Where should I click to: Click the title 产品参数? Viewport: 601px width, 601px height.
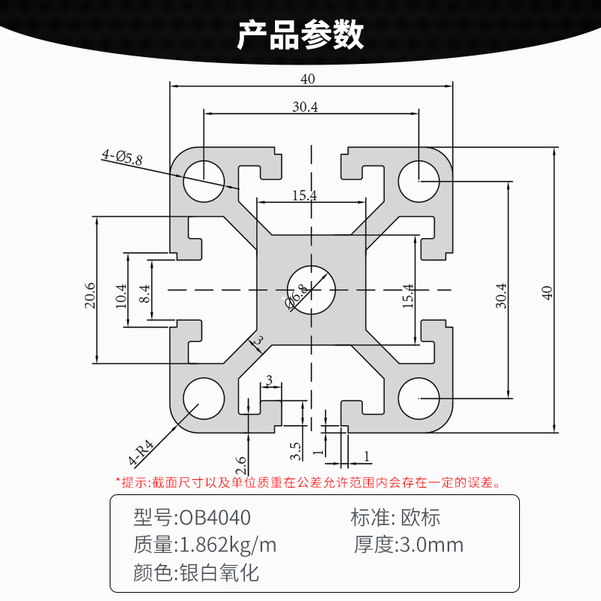point(300,35)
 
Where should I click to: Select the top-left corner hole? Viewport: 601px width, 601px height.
point(204,181)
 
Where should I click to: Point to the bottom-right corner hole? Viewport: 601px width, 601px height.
point(419,398)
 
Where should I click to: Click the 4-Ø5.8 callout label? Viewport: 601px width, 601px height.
point(122,156)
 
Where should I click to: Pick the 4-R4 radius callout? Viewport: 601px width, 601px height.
point(140,452)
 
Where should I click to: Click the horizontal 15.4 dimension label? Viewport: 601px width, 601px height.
point(304,195)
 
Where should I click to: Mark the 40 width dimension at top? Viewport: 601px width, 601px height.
point(308,79)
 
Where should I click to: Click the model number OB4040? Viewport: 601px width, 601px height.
point(213,518)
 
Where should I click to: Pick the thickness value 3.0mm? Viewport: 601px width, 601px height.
point(430,545)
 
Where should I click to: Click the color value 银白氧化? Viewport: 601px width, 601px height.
point(217,573)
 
